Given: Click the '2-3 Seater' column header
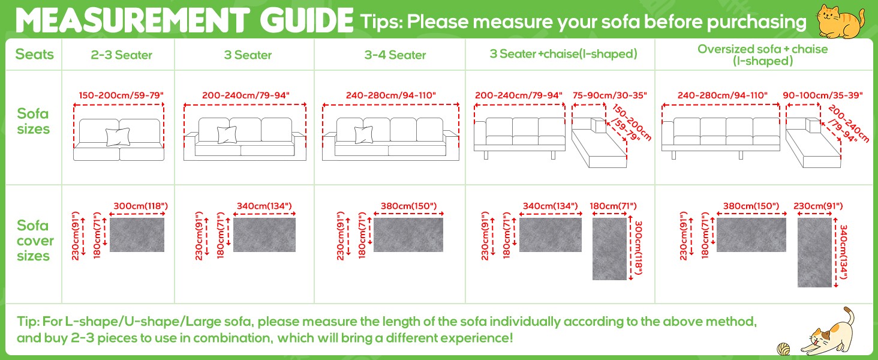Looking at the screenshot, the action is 122,55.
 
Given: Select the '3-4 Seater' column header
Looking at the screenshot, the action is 395,55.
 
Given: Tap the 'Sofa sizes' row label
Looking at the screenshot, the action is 34,121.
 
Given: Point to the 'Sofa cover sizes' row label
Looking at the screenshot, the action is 35,241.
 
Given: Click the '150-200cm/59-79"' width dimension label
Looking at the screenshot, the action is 121,95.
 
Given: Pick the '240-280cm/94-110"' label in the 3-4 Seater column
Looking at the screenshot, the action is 391,95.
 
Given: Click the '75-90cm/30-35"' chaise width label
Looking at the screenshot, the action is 609,95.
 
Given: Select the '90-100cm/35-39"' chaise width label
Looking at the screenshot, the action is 823,95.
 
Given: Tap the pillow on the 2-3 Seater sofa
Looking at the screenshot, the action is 118,136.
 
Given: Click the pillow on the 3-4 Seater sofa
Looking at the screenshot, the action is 364,135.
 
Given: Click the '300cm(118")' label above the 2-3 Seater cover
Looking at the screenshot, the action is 141,206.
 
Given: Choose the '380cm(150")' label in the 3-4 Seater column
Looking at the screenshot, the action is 409,206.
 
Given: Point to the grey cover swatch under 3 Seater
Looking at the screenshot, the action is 264,235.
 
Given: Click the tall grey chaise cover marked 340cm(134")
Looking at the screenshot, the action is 814,253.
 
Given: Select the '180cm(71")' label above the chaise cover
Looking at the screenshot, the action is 613,206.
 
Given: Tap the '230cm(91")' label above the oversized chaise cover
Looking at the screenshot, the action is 818,206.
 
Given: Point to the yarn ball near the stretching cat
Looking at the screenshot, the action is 783,349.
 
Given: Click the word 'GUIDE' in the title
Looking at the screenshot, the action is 306,20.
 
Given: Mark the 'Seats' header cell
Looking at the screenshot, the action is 34,54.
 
